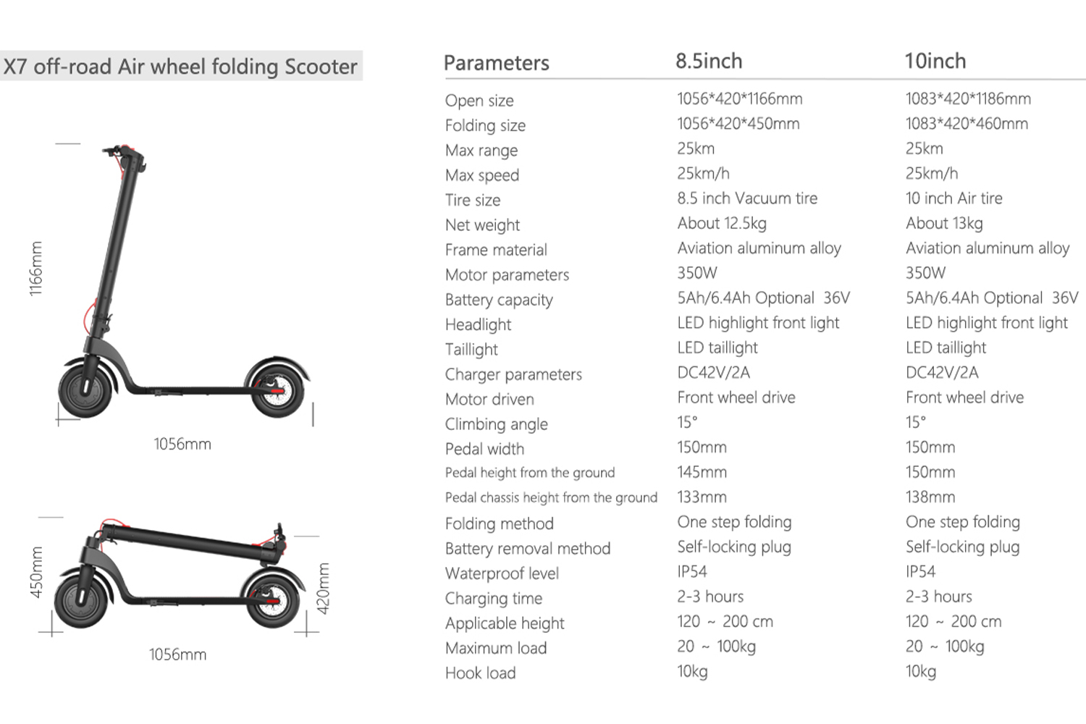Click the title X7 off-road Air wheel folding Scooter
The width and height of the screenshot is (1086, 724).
180,67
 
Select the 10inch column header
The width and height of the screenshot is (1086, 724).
935,62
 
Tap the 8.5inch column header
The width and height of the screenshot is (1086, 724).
709,62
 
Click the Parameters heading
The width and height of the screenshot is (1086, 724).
496,63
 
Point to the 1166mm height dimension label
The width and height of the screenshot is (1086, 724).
36,269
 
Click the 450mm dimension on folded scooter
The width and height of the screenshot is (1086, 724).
36,572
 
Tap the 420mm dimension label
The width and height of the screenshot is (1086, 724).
324,589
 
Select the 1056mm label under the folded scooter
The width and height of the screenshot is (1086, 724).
177,654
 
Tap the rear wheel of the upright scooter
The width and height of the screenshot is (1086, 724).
278,391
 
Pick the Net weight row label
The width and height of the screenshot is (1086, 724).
482,225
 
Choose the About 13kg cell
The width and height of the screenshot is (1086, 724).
944,223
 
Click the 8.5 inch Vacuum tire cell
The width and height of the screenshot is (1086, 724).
747,198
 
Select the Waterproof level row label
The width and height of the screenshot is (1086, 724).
502,573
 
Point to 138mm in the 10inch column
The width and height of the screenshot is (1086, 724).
930,497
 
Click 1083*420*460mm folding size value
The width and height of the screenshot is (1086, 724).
967,124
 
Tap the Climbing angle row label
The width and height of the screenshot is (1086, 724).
496,424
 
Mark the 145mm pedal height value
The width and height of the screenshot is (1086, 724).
702,472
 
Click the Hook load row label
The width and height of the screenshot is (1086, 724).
480,673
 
